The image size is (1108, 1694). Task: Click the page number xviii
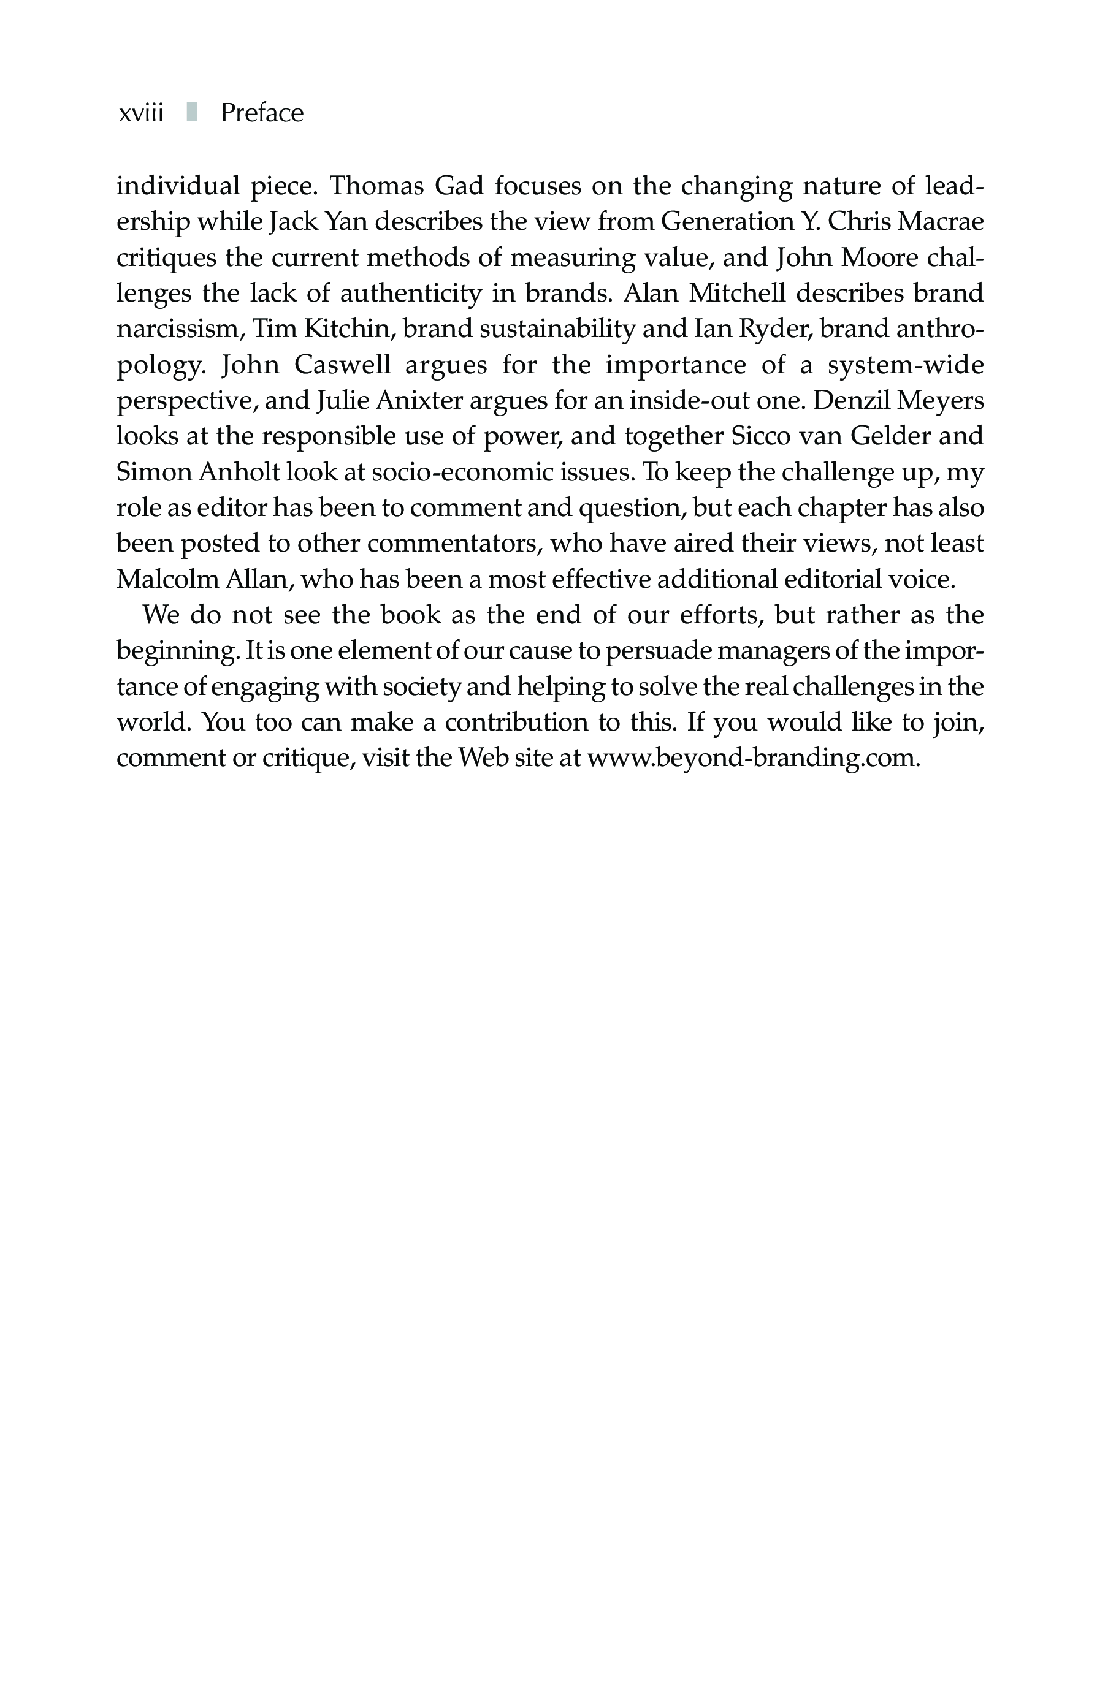[141, 113]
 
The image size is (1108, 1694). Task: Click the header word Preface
[262, 113]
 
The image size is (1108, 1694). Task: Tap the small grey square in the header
[191, 112]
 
